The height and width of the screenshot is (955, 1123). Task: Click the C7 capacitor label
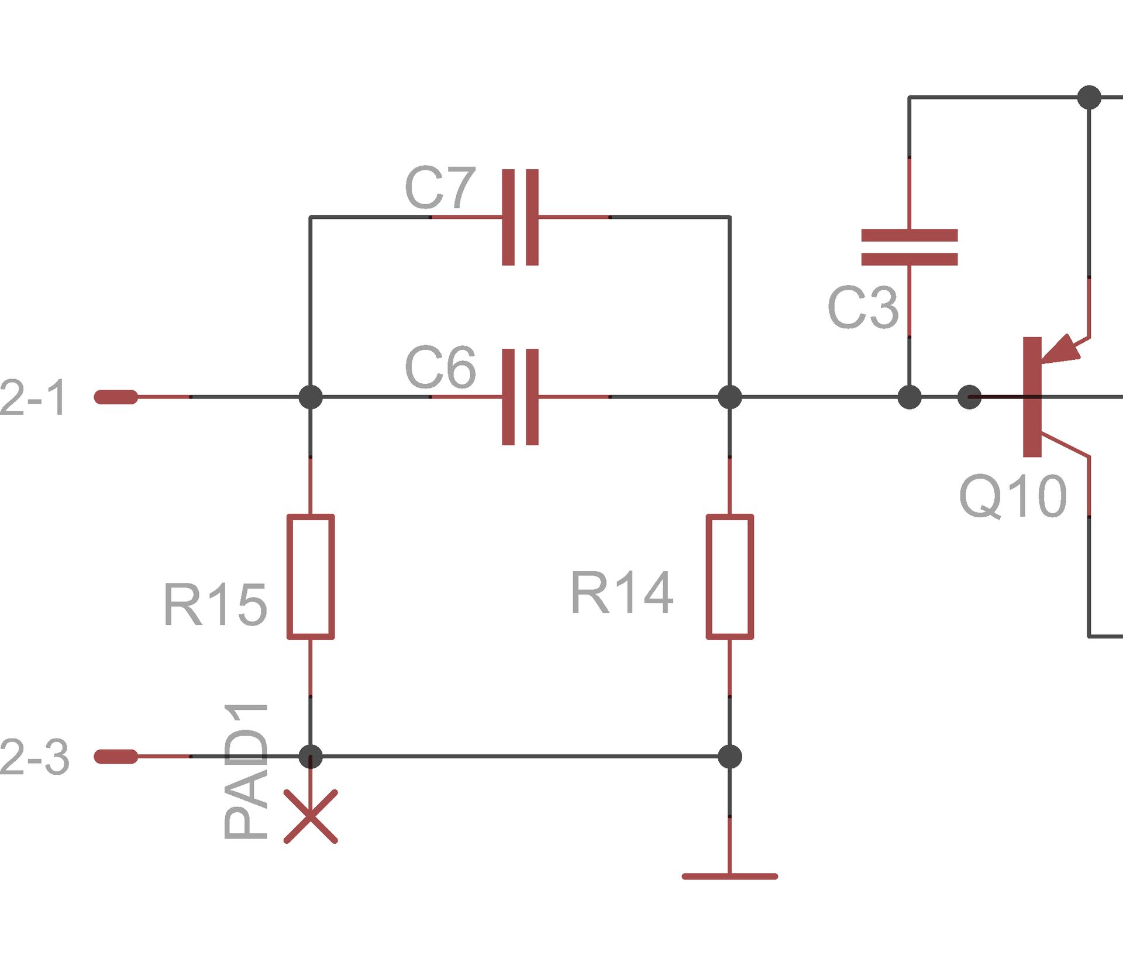(440, 188)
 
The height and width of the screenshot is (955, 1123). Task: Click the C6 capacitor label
(440, 367)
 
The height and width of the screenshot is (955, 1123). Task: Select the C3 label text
(863, 308)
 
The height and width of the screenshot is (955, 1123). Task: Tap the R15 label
(215, 605)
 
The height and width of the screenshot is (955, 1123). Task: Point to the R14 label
(621, 593)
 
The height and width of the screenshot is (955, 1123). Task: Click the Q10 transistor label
(1013, 497)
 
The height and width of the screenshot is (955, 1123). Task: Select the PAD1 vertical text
(246, 771)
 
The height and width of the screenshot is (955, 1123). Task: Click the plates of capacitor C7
(520, 217)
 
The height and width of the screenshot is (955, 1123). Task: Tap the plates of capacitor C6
(520, 397)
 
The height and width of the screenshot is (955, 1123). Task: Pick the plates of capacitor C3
(909, 247)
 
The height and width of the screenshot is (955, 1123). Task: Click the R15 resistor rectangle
(311, 576)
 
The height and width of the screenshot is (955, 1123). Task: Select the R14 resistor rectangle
(729, 576)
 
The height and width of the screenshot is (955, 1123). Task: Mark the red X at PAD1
(311, 816)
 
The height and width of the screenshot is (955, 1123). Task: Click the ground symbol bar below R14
(729, 876)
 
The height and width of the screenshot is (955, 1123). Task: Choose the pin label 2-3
(34, 757)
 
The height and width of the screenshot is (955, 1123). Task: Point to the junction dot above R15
(311, 397)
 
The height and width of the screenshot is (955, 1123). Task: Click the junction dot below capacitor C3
(909, 397)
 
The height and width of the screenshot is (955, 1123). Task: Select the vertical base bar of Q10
(1032, 397)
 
